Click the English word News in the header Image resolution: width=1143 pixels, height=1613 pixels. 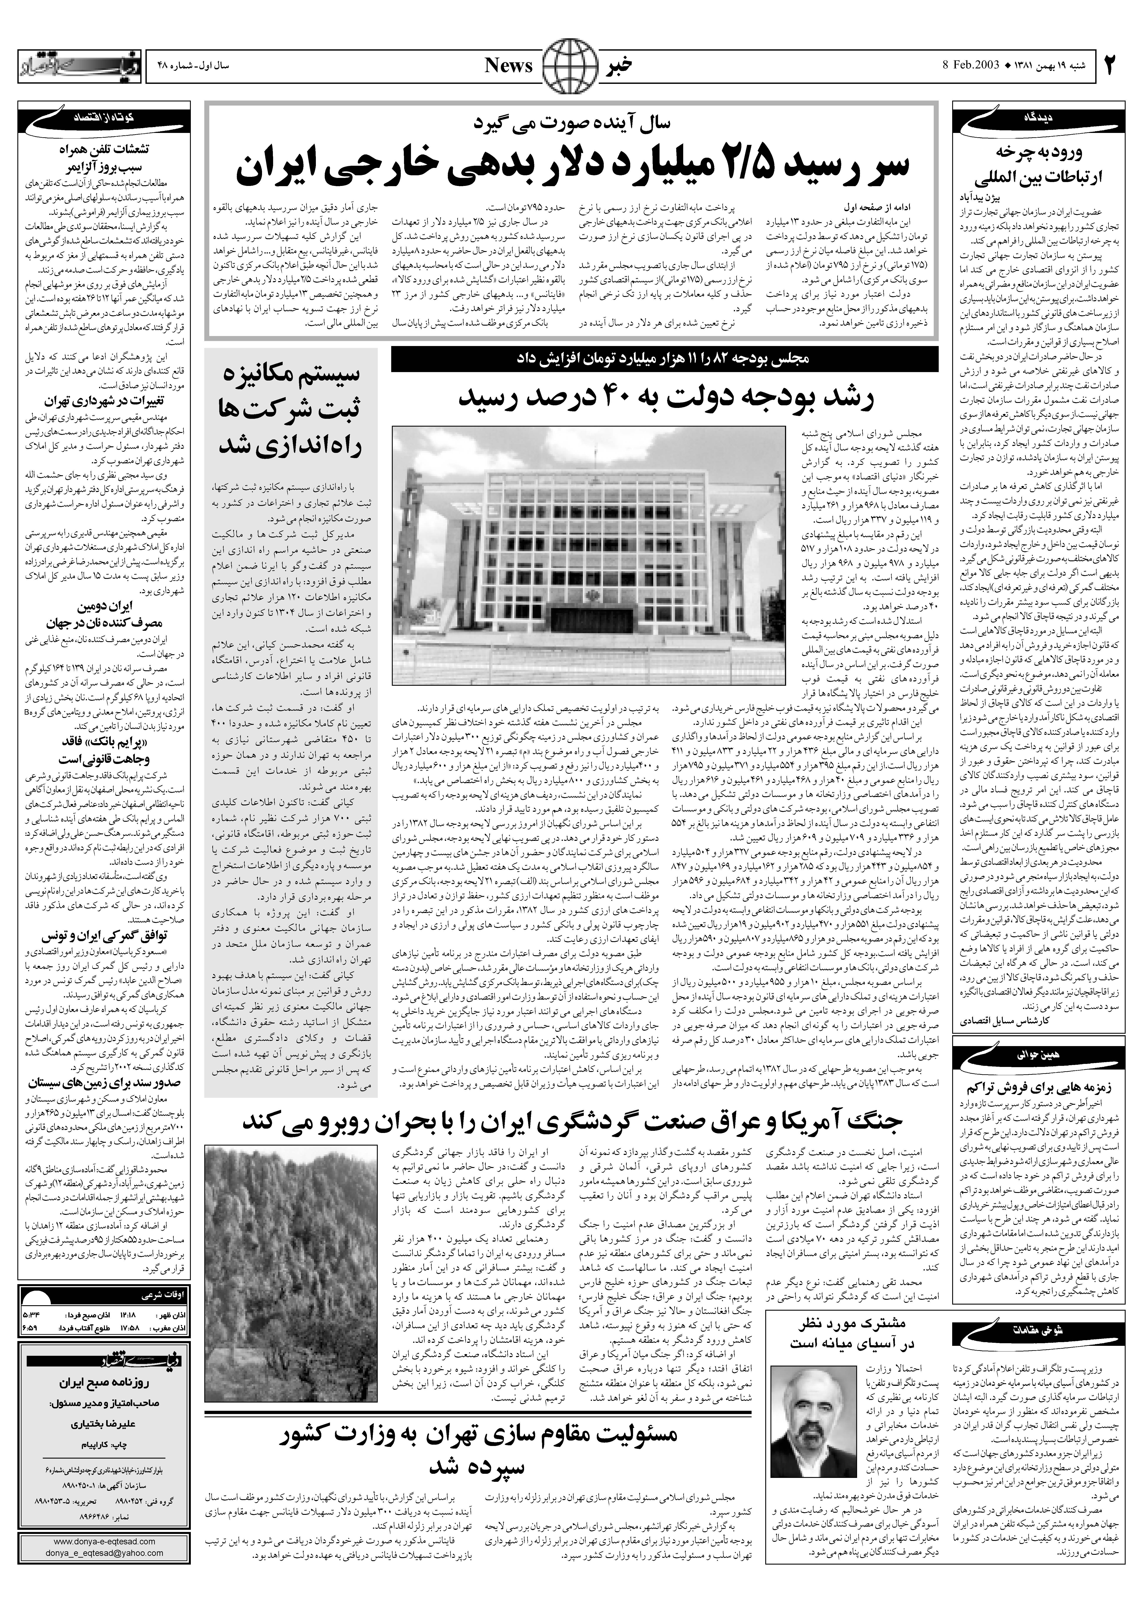(509, 65)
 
